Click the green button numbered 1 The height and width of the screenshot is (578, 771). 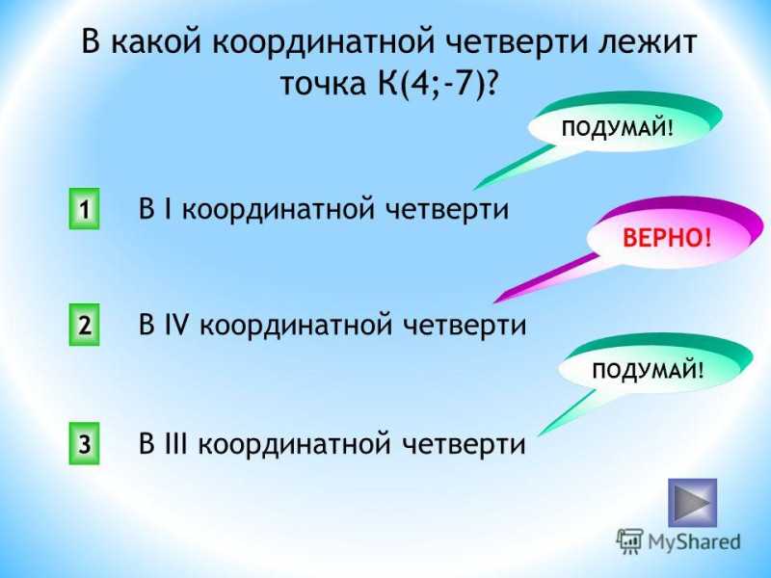pyautogui.click(x=84, y=209)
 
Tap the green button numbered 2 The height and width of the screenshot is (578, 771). pyautogui.click(x=84, y=325)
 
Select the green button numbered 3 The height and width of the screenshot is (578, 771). pyautogui.click(x=84, y=443)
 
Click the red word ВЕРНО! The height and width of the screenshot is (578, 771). pyautogui.click(x=667, y=238)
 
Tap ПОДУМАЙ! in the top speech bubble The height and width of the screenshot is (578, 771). pyautogui.click(x=617, y=129)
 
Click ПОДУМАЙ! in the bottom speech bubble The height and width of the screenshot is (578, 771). pyautogui.click(x=648, y=370)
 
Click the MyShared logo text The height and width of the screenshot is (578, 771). pyautogui.click(x=694, y=542)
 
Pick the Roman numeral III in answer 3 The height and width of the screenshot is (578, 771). pyautogui.click(x=176, y=443)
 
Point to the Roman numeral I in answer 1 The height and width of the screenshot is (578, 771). pyautogui.click(x=168, y=209)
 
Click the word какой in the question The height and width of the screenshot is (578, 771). pyautogui.click(x=156, y=41)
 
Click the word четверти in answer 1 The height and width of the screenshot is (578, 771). pyautogui.click(x=446, y=210)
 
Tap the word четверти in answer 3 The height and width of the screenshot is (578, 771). pyautogui.click(x=465, y=444)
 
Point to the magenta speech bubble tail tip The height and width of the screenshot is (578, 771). pyautogui.click(x=493, y=302)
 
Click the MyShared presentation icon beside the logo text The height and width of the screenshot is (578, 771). pyautogui.click(x=630, y=541)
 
